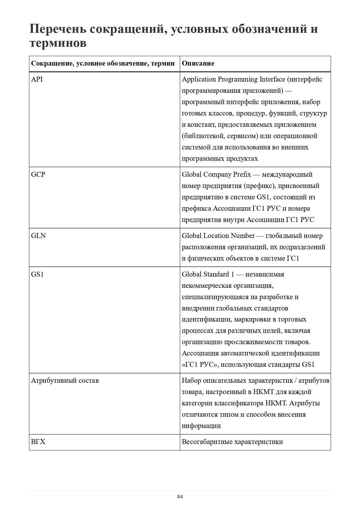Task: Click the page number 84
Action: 180,497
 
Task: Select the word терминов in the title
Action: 58,43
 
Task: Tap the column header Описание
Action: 198,63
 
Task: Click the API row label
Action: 37,79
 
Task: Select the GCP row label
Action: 38,174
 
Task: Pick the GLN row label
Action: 38,236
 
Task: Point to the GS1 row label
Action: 37,274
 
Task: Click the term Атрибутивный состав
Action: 65,380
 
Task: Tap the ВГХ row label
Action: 38,442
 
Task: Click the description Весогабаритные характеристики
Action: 232,442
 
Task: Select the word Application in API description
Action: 199,79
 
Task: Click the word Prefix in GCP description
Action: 242,174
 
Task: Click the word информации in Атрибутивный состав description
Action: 201,426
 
